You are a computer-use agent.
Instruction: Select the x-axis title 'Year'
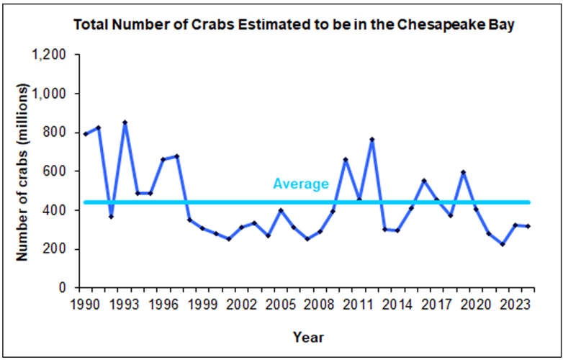pyautogui.click(x=308, y=337)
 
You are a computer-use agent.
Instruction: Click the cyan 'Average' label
pyautogui.click(x=301, y=184)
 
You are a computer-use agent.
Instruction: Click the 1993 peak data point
pyautogui.click(x=125, y=122)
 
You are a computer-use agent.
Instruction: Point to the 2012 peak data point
pyautogui.click(x=372, y=139)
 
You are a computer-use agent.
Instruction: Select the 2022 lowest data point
pyautogui.click(x=503, y=244)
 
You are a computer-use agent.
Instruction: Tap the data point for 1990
pyautogui.click(x=86, y=134)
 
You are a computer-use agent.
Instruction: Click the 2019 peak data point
pyautogui.click(x=464, y=172)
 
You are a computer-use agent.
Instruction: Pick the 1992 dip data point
pyautogui.click(x=112, y=217)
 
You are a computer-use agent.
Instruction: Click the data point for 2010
pyautogui.click(x=346, y=159)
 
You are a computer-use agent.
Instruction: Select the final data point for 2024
pyautogui.click(x=529, y=226)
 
